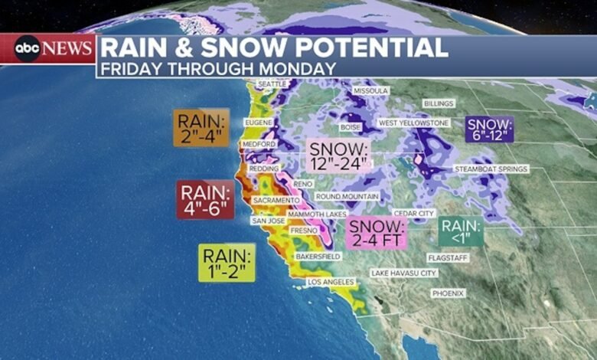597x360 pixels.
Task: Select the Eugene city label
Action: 258,122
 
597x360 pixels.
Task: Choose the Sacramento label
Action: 276,200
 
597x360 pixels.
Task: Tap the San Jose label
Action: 269,221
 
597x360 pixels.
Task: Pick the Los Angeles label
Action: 331,282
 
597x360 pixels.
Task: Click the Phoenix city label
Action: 448,293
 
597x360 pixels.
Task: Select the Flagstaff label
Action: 447,258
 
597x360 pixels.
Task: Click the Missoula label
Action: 371,90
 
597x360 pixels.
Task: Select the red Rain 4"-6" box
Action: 206,199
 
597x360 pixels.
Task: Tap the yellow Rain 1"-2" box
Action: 227,263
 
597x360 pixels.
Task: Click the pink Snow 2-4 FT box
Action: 377,233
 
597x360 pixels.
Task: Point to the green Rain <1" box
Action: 461,232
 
